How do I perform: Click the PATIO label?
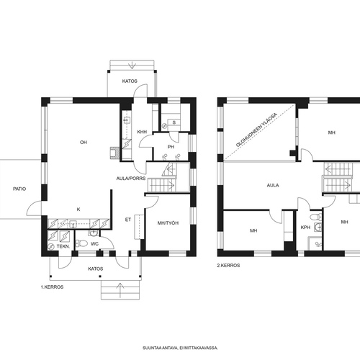tap(19, 189)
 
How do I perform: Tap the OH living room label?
tap(84, 143)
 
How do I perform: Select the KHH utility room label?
tap(142, 132)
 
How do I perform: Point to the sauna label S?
tap(174, 122)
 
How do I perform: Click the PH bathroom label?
tap(171, 147)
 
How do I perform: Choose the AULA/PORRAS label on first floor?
tap(131, 179)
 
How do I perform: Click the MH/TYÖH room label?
tap(168, 223)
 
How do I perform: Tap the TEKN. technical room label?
tap(63, 246)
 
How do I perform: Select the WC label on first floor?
tap(94, 244)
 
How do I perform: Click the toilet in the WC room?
tap(81, 243)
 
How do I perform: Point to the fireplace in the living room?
tap(114, 153)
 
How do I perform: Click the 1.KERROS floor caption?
tap(52, 287)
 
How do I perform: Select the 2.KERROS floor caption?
tap(228, 266)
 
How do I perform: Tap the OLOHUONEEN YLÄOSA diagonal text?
tap(256, 130)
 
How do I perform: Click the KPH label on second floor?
tap(305, 227)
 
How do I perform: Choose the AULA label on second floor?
tap(273, 185)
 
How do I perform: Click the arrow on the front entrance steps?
tap(120, 290)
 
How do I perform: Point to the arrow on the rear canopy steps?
tap(132, 65)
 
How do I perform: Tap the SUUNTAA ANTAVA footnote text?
tap(180, 348)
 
